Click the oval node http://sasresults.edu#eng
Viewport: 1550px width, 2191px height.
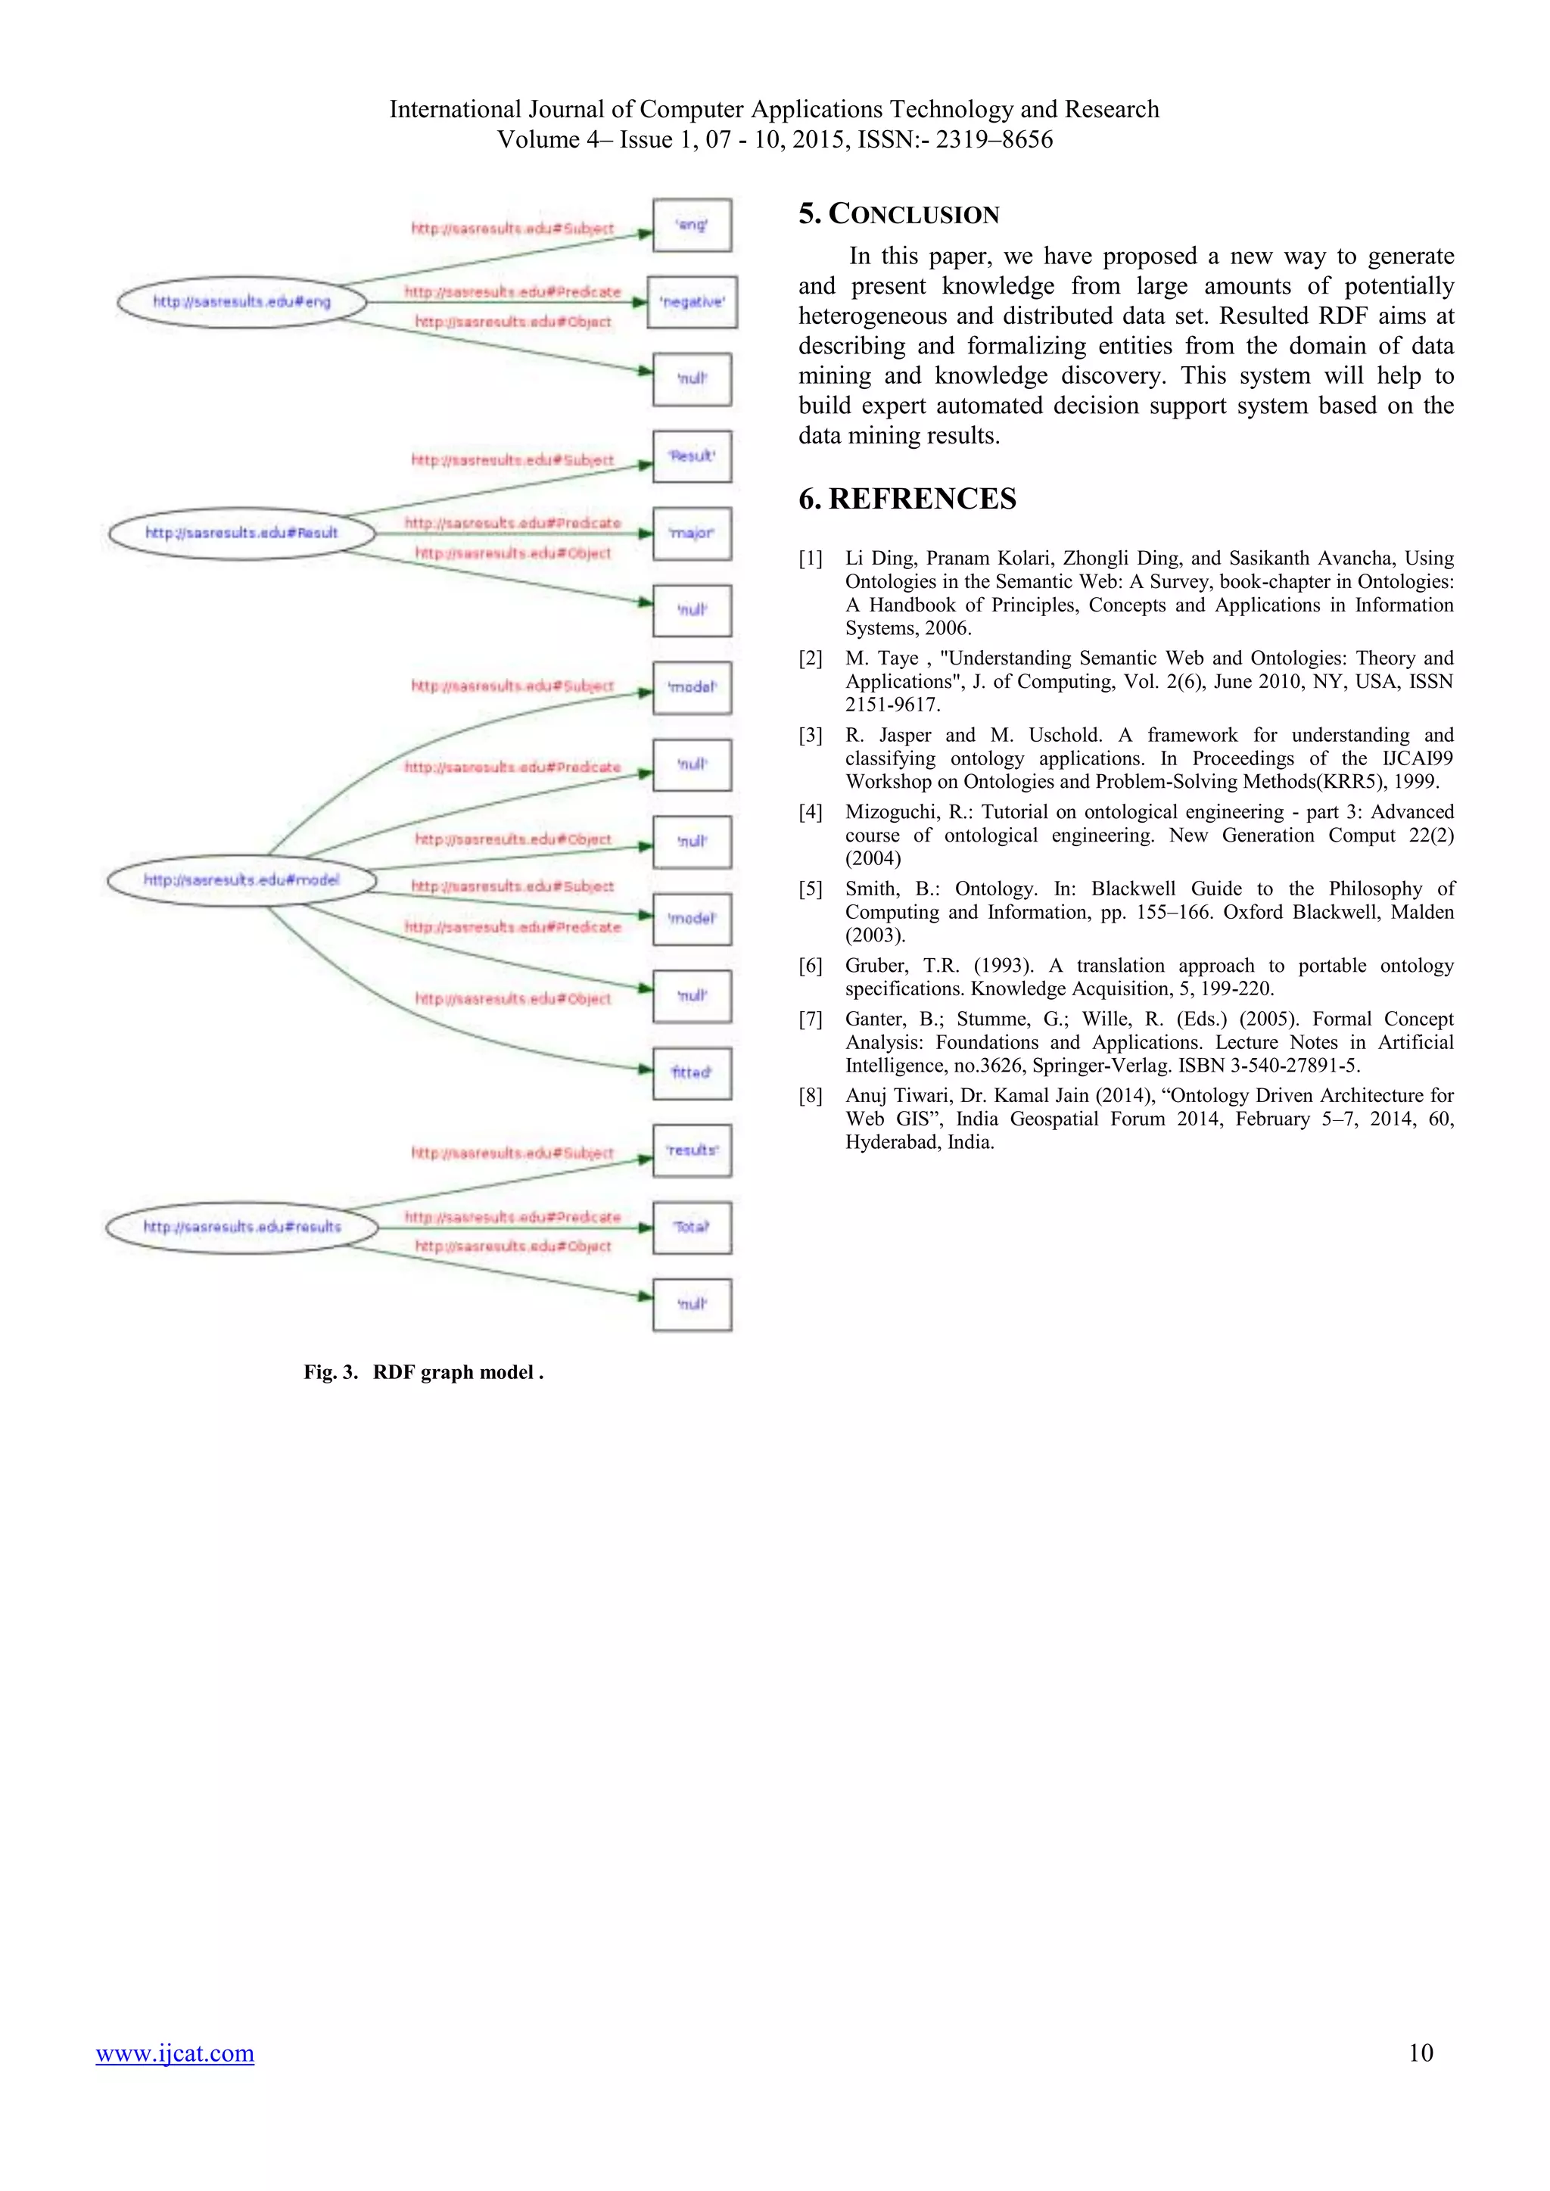[241, 301]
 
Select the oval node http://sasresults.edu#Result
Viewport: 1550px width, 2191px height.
[241, 533]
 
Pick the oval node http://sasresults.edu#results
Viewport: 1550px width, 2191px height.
[241, 1226]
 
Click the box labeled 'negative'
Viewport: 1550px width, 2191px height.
[692, 301]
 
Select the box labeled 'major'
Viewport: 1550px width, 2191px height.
[692, 533]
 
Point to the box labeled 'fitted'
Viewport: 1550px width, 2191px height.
[692, 1072]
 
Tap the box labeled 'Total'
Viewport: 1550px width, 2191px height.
[692, 1226]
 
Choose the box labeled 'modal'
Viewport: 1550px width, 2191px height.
[692, 687]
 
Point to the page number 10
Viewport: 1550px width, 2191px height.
[1420, 2053]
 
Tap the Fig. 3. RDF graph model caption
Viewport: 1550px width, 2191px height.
[423, 1372]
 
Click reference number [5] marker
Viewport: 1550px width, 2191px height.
[811, 889]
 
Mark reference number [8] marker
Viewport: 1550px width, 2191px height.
[811, 1096]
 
